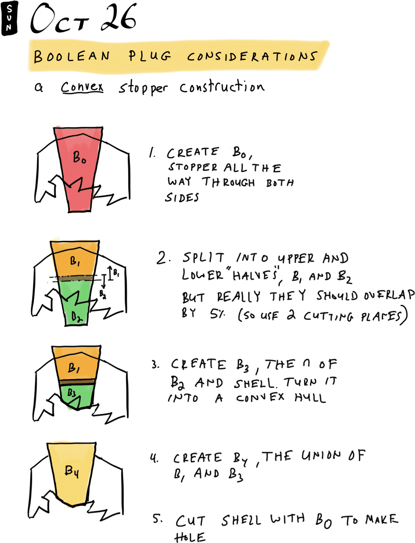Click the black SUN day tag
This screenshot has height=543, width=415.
click(9, 18)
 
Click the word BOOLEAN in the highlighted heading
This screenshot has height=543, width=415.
click(72, 56)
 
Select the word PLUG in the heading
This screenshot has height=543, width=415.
click(150, 56)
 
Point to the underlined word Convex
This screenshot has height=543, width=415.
click(82, 87)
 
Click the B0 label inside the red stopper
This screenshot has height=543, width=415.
click(79, 157)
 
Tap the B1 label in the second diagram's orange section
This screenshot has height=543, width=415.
click(75, 261)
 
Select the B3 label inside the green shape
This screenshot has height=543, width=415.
click(72, 393)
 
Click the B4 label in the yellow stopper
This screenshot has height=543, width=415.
click(72, 471)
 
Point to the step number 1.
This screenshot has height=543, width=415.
click(152, 153)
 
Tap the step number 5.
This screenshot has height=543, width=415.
click(157, 519)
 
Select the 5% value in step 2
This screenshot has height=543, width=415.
click(217, 314)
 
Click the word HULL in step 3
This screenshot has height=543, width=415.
click(310, 397)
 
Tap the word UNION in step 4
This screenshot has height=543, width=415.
click(321, 456)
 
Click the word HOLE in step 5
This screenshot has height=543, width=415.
click(189, 537)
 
